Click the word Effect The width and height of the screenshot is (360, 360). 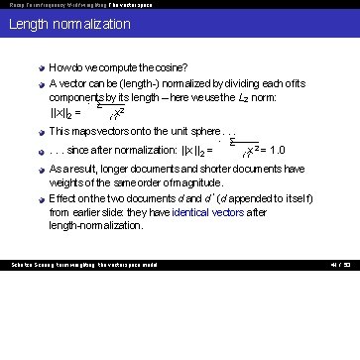(62, 198)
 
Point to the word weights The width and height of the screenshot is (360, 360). (66, 182)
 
